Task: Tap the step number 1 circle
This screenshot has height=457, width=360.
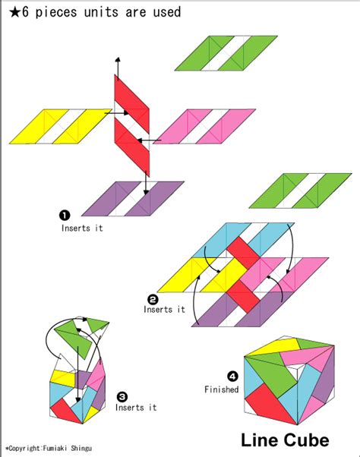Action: (65, 215)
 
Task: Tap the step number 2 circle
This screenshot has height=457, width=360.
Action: (153, 298)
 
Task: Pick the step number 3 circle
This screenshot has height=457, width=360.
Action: (122, 396)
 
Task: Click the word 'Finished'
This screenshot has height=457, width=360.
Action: (221, 390)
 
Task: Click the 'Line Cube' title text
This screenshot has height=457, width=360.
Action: (285, 440)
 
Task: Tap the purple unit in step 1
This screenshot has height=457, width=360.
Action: (132, 199)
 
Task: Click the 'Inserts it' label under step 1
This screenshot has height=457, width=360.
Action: (81, 226)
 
